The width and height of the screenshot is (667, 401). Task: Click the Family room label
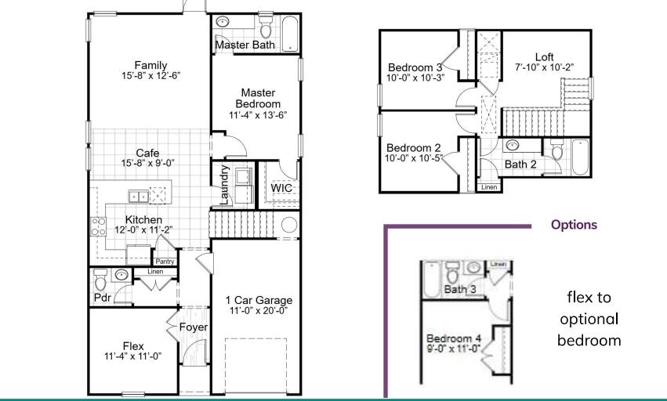(150, 65)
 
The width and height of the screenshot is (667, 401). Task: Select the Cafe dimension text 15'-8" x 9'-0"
(147, 164)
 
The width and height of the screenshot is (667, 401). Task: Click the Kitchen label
(143, 220)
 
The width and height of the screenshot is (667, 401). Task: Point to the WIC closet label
(281, 189)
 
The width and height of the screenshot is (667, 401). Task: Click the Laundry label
(225, 185)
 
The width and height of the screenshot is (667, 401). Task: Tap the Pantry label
(165, 262)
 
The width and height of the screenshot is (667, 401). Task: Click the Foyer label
(192, 327)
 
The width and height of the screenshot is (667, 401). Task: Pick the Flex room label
(133, 345)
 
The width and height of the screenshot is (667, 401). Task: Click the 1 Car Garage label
(259, 300)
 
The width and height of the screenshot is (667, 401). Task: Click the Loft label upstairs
(544, 56)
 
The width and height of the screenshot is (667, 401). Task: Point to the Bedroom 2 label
(414, 147)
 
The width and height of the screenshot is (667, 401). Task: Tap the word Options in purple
(574, 225)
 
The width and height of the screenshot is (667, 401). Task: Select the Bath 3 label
(460, 290)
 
